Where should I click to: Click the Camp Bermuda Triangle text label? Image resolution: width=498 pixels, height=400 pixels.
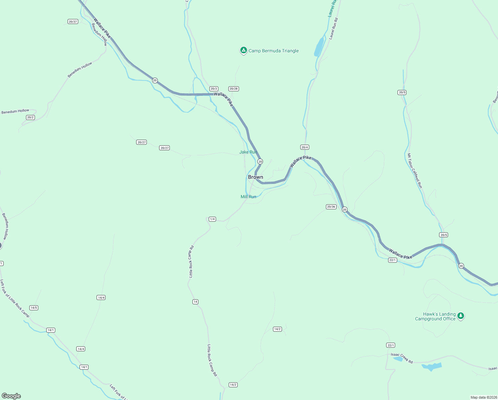point(274,51)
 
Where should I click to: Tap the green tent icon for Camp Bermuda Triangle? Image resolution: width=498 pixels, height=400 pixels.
point(243,50)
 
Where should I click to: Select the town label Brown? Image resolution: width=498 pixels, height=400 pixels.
point(255,177)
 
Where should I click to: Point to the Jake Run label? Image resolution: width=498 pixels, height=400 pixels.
point(248,152)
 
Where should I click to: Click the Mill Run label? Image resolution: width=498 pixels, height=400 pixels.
point(248,197)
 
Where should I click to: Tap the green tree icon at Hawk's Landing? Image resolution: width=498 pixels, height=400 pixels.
point(460,316)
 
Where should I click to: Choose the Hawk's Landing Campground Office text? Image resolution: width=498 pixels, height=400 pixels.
point(435,316)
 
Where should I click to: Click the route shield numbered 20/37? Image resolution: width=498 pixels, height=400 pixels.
point(73,22)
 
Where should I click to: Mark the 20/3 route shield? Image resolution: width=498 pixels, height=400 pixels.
point(214,89)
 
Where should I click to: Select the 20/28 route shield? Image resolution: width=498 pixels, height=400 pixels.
point(233,89)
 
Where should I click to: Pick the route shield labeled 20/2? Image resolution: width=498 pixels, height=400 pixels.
point(30,117)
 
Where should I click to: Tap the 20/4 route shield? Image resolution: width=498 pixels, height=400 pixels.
point(305,147)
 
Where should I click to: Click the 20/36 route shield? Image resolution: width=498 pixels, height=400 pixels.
point(331,207)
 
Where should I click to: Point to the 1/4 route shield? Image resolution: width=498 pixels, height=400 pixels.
point(212,219)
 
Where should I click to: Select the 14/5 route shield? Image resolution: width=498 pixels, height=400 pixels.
point(34,308)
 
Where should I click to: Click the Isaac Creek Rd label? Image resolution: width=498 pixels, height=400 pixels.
point(402,358)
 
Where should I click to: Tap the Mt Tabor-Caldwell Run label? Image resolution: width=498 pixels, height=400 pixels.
point(415,171)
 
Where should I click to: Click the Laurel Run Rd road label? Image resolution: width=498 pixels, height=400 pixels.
point(333,29)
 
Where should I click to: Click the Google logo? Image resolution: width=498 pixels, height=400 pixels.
point(11,396)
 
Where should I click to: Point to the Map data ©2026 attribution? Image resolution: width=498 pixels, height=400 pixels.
point(483,397)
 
